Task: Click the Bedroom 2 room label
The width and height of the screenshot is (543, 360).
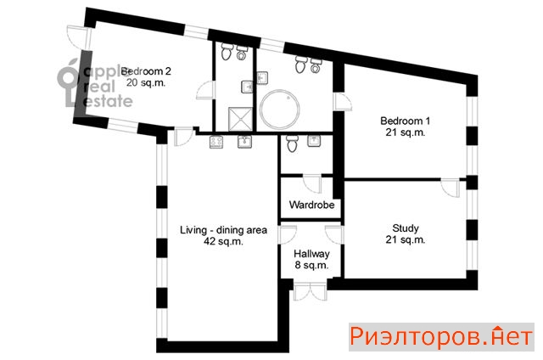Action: pos(146,71)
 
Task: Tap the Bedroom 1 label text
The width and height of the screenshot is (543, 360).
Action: pos(405,121)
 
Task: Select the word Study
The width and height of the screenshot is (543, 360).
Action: pos(406,228)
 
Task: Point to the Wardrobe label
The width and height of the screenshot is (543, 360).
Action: pos(311,205)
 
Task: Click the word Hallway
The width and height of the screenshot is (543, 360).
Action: pos(311,254)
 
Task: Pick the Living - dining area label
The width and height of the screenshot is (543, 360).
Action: pos(223,230)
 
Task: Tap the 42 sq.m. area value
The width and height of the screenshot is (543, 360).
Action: pos(223,241)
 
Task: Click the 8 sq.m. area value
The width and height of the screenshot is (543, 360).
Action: pos(311,266)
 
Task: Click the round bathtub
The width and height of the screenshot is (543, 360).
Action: pos(279,110)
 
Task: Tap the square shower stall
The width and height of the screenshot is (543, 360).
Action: pos(240,119)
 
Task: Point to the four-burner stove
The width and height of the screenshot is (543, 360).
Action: pos(216,142)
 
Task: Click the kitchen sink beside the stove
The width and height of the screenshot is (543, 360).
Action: pos(244,142)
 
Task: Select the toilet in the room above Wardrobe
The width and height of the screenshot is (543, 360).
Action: pos(292,143)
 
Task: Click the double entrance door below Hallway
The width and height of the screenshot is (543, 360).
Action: pos(310,290)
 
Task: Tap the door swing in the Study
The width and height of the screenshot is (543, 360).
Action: pos(451,188)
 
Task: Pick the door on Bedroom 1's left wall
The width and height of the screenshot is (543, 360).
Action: pos(343,102)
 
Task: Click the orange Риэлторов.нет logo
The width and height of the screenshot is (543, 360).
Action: pos(441,337)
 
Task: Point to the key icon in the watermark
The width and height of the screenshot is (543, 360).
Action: pos(70,83)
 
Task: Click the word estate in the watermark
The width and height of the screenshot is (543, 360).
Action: pos(108,101)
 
